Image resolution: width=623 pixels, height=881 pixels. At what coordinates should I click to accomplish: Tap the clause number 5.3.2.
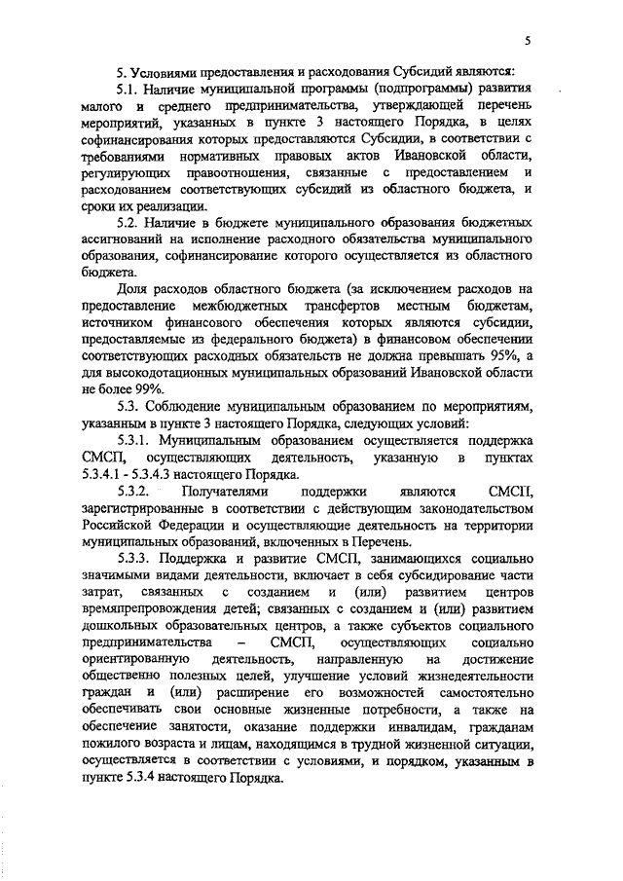click(135, 493)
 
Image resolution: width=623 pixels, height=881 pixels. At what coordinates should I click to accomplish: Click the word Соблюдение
click(199, 408)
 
